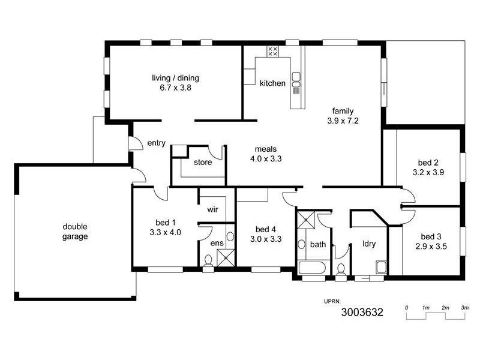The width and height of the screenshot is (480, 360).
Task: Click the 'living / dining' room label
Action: (175, 77)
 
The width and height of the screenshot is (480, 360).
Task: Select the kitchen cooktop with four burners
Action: (272, 52)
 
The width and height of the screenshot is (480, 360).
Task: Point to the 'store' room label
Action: (202, 162)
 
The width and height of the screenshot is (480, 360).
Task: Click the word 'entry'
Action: (156, 143)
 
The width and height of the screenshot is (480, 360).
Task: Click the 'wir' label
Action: (212, 210)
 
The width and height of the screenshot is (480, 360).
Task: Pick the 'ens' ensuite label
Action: (217, 243)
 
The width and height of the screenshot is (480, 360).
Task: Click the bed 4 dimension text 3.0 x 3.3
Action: (265, 239)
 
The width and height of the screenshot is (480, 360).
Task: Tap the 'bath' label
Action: (317, 244)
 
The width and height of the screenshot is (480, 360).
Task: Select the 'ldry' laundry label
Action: (369, 244)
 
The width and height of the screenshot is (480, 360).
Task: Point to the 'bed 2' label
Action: (429, 162)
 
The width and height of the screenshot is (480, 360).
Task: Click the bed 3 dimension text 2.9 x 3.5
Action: (430, 245)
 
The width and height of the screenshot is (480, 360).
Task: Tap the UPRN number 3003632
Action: (362, 312)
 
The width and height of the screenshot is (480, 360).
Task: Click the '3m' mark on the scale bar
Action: (464, 308)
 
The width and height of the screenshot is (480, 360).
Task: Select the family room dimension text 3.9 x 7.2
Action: (343, 121)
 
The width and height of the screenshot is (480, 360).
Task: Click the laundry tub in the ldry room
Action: (380, 266)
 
